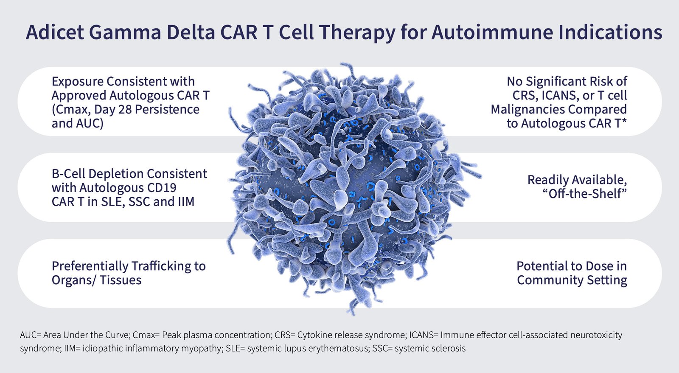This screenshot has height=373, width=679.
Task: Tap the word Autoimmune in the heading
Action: point(492,32)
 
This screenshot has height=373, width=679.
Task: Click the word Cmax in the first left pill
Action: point(70,110)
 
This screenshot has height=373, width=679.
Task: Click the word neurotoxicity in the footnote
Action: point(596,335)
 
